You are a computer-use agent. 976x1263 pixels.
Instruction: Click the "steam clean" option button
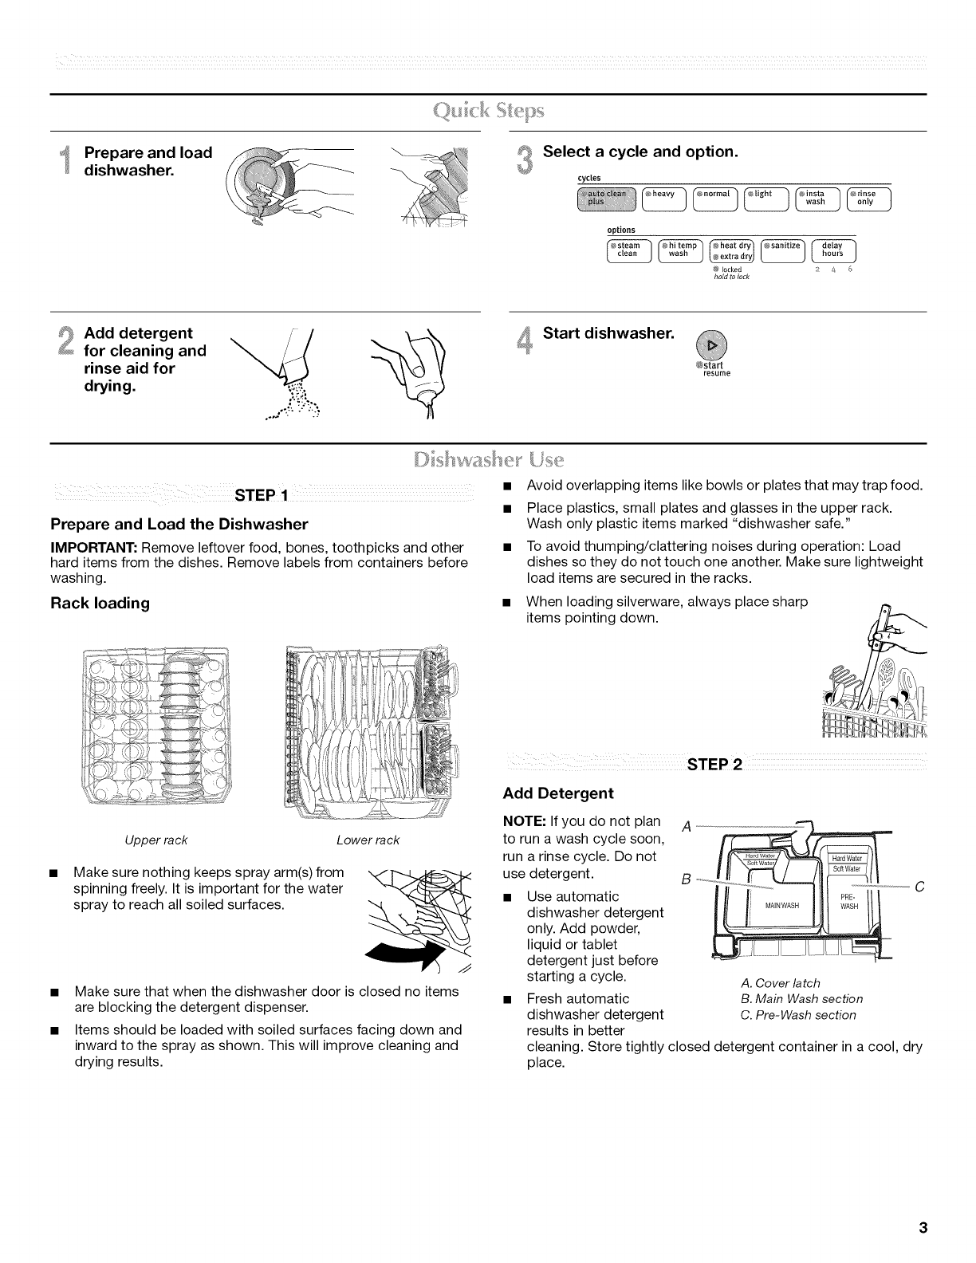(x=628, y=250)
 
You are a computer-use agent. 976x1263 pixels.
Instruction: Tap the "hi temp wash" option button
(x=679, y=250)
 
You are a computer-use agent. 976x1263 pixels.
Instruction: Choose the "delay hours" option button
(x=832, y=250)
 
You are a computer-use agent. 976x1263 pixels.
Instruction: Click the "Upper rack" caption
(x=155, y=840)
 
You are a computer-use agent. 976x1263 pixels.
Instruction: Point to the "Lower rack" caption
(x=368, y=840)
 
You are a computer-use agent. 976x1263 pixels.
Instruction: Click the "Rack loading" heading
(x=100, y=604)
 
